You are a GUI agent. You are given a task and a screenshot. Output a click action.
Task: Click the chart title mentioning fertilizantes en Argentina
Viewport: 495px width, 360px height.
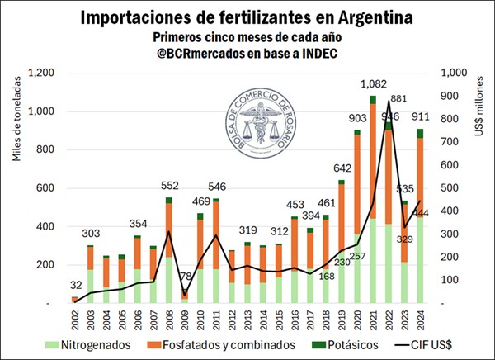247,17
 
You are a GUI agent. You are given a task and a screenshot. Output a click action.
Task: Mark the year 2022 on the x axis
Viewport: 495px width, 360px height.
389,317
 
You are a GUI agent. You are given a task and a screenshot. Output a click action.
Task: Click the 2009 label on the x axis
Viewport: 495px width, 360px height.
185,317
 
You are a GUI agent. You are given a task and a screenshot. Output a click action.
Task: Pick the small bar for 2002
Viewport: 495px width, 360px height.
74,300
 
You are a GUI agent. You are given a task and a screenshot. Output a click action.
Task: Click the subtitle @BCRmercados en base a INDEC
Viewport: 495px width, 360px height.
247,54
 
